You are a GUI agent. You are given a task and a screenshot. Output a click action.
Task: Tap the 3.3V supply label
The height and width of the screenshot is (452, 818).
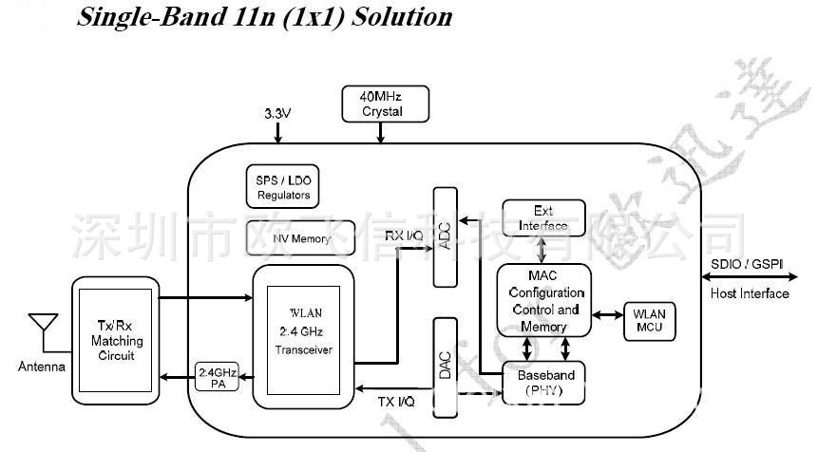(x=276, y=113)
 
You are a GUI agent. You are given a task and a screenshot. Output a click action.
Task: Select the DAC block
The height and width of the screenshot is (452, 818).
(x=447, y=365)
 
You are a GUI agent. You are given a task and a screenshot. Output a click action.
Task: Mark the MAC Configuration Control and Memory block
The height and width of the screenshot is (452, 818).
(x=544, y=301)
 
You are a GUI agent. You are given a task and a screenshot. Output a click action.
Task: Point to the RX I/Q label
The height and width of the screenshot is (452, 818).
(x=404, y=235)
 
